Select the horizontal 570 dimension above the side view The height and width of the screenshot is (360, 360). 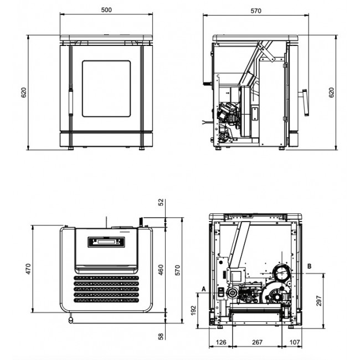255,11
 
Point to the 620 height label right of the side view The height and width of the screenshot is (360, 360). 332,92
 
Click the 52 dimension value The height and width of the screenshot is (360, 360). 161,203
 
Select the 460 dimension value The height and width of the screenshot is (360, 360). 161,270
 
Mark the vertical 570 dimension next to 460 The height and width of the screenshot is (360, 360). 178,270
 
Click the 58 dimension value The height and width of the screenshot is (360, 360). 161,336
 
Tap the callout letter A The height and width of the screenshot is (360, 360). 204,289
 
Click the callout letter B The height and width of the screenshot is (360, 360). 310,266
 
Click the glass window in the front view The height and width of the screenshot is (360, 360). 106,89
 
